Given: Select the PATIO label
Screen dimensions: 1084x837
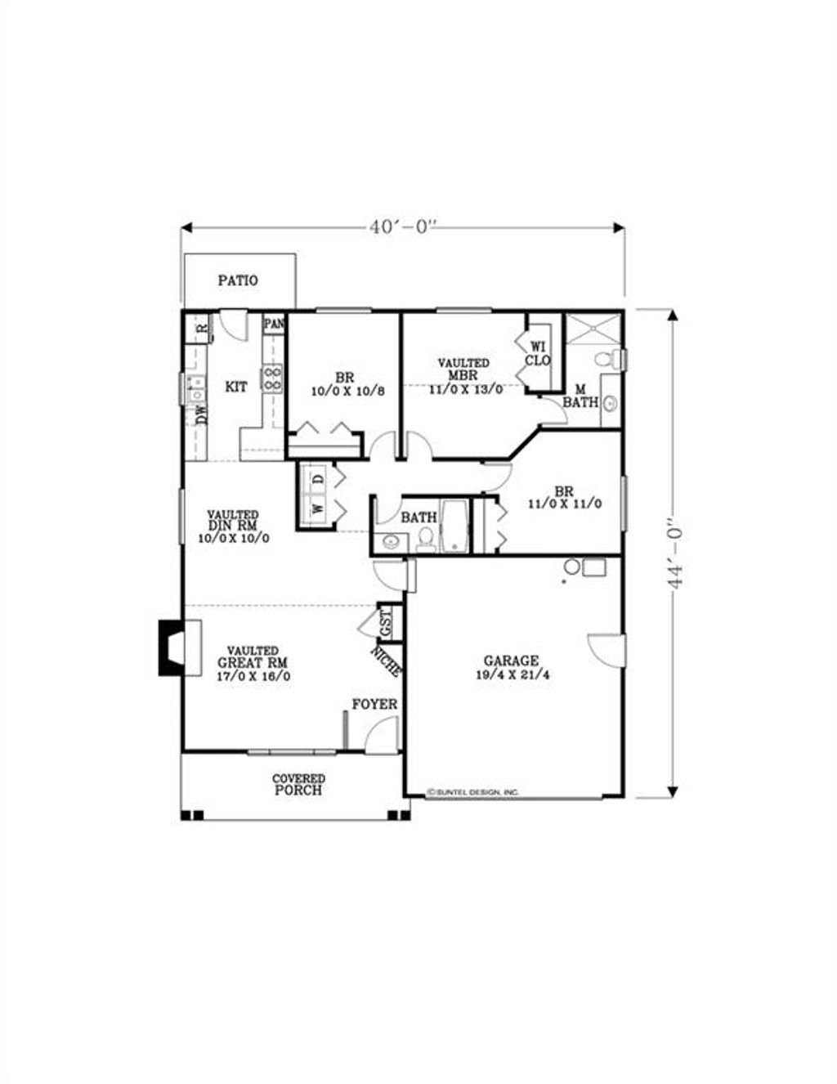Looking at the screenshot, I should pos(238,280).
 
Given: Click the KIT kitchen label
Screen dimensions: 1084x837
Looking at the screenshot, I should pos(236,387).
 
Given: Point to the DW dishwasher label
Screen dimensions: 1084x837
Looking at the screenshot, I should pos(201,415).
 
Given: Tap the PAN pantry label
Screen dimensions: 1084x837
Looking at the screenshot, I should pos(274,324).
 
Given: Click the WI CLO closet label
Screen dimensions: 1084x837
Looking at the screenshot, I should pos(538,353).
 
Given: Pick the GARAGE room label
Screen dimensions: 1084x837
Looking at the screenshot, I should pos(511,661).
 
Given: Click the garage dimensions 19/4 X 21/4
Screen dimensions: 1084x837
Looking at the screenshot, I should pos(511,676).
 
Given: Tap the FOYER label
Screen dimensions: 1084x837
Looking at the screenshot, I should pos(374,705).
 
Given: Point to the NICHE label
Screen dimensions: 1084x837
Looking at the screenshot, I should pos(386,661).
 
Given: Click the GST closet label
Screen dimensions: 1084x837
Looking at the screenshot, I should pos(386,624).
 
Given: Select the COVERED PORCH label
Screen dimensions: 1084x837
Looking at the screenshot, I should pos(298,785).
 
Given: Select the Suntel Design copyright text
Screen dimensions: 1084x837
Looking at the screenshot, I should pos(473,792).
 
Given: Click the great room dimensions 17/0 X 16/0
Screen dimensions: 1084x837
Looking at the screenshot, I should pos(253,676).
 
